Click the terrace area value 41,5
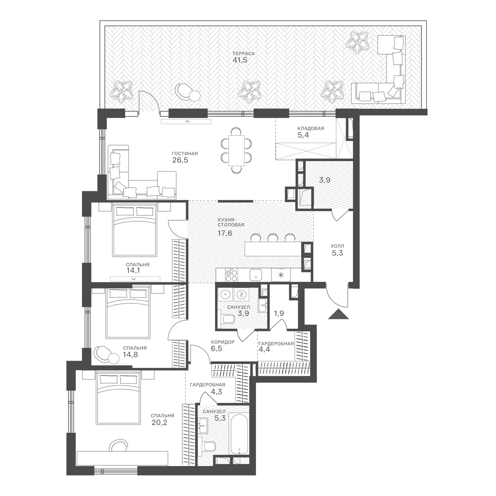click(240, 60)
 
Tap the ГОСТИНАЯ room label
click(185, 154)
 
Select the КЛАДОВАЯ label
click(311, 128)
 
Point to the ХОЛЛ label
click(337, 246)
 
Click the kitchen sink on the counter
click(256, 275)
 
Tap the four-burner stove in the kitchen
click(231, 275)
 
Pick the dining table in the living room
click(236, 151)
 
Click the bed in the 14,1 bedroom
click(135, 230)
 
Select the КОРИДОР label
click(223, 342)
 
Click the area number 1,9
click(279, 313)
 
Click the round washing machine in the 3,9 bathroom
click(225, 294)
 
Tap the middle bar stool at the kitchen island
click(273, 237)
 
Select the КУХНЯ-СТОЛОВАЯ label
click(231, 222)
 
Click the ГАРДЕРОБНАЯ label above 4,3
click(207, 385)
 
